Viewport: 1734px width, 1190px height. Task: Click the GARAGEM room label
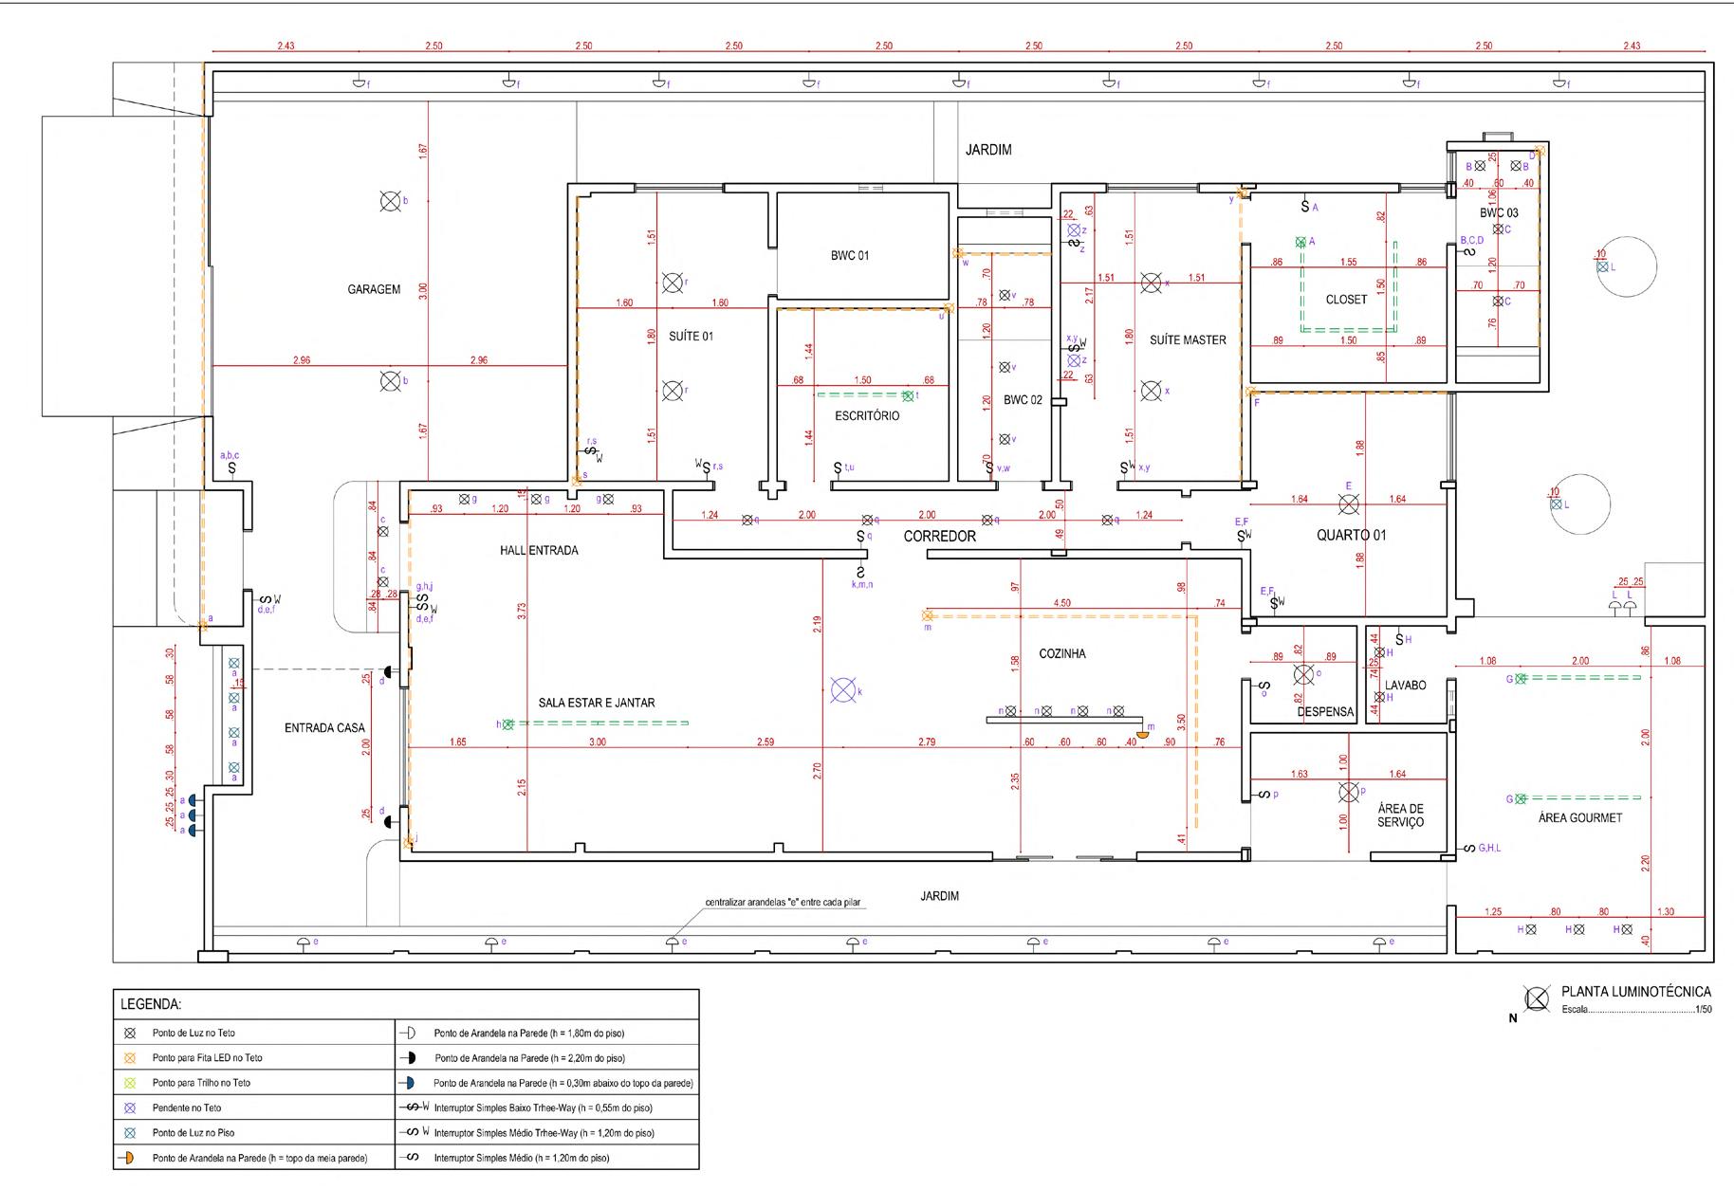click(x=374, y=289)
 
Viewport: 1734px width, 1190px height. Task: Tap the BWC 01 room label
click(x=849, y=256)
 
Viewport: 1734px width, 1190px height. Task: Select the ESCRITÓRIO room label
click(x=867, y=416)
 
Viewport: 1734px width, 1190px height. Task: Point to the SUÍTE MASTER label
click(x=1188, y=340)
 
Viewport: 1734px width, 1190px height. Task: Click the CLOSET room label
click(x=1346, y=300)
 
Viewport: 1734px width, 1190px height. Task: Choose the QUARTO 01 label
click(x=1351, y=535)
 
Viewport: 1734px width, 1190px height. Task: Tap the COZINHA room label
click(x=1062, y=654)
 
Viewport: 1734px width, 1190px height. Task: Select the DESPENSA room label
click(x=1325, y=712)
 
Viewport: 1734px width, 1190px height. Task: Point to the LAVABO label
click(x=1405, y=686)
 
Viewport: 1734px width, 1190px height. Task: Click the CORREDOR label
click(x=939, y=537)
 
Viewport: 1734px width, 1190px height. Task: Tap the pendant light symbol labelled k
click(x=841, y=690)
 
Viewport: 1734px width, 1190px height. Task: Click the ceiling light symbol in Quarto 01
click(x=1348, y=503)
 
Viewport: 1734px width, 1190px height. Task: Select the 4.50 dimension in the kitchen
click(x=1061, y=603)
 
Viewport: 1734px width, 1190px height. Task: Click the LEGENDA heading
click(x=151, y=1003)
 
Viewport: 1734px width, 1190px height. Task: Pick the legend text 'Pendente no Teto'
click(x=187, y=1108)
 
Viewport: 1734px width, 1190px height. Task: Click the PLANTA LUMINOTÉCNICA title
click(x=1636, y=992)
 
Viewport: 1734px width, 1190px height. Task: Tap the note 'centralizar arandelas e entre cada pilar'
click(x=783, y=902)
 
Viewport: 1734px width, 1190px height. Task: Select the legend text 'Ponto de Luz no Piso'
click(x=194, y=1132)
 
